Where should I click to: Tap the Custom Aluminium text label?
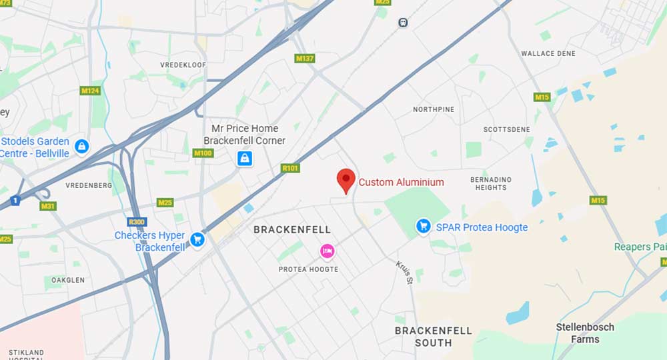pyautogui.click(x=401, y=182)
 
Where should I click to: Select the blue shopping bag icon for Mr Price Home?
pyautogui.click(x=245, y=158)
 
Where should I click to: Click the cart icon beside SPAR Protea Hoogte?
pyautogui.click(x=423, y=227)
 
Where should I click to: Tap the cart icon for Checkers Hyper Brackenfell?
pyautogui.click(x=197, y=239)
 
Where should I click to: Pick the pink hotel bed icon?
pyautogui.click(x=327, y=251)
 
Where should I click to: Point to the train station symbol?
pyautogui.click(x=402, y=23)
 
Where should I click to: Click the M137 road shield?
pyautogui.click(x=304, y=59)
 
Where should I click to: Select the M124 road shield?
pyautogui.click(x=89, y=90)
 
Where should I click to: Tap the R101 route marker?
pyautogui.click(x=290, y=169)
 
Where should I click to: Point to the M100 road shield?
pyautogui.click(x=202, y=153)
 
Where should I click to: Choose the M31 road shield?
pyautogui.click(x=48, y=206)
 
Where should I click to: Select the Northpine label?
pyautogui.click(x=434, y=109)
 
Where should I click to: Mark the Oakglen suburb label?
pyautogui.click(x=68, y=280)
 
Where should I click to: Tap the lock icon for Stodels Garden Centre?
pyautogui.click(x=81, y=147)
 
